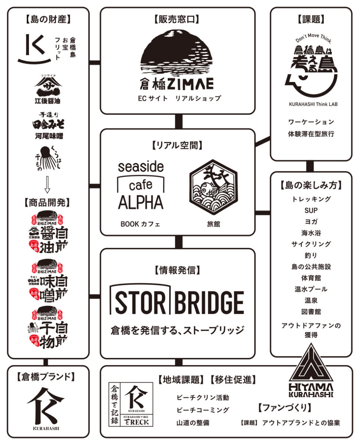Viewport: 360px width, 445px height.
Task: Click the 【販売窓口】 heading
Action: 177,19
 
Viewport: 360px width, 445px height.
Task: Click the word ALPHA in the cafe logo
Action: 141,202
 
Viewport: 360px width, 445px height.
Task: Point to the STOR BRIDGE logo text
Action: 177,302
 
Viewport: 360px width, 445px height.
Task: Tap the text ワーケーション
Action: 311,122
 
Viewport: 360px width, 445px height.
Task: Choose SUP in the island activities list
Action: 311,210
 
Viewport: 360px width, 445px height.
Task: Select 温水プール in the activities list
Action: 311,289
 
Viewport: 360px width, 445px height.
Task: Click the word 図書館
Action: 311,311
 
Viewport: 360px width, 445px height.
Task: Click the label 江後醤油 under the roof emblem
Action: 47,101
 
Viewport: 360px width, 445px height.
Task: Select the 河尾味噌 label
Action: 47,136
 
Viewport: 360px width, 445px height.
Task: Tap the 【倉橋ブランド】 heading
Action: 46,377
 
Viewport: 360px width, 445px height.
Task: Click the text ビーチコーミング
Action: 203,410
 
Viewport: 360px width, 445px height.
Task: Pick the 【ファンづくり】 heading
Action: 284,408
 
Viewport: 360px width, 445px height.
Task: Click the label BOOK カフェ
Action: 140,224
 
